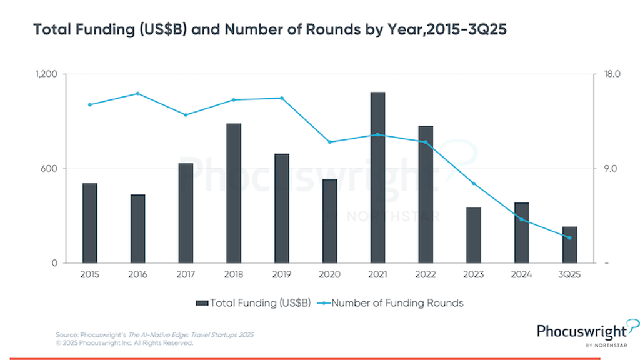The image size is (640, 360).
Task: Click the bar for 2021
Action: click(x=377, y=177)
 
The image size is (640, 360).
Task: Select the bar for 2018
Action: click(x=234, y=193)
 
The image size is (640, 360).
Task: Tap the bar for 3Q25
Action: click(x=569, y=245)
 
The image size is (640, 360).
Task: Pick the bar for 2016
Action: click(x=137, y=229)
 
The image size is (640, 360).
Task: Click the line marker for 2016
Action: click(x=137, y=94)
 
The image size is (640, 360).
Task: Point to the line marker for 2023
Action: click(x=474, y=183)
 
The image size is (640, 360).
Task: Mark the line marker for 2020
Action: click(x=329, y=142)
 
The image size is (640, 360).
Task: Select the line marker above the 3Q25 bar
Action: click(x=569, y=237)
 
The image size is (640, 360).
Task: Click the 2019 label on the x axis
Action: click(x=281, y=274)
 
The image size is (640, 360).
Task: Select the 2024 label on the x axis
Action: click(x=521, y=274)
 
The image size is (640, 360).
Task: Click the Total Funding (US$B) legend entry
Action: click(x=254, y=303)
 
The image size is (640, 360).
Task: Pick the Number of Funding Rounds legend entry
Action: click(x=392, y=303)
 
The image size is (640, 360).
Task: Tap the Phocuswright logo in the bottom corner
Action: click(x=587, y=333)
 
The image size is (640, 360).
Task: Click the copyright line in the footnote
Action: click(x=124, y=343)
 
